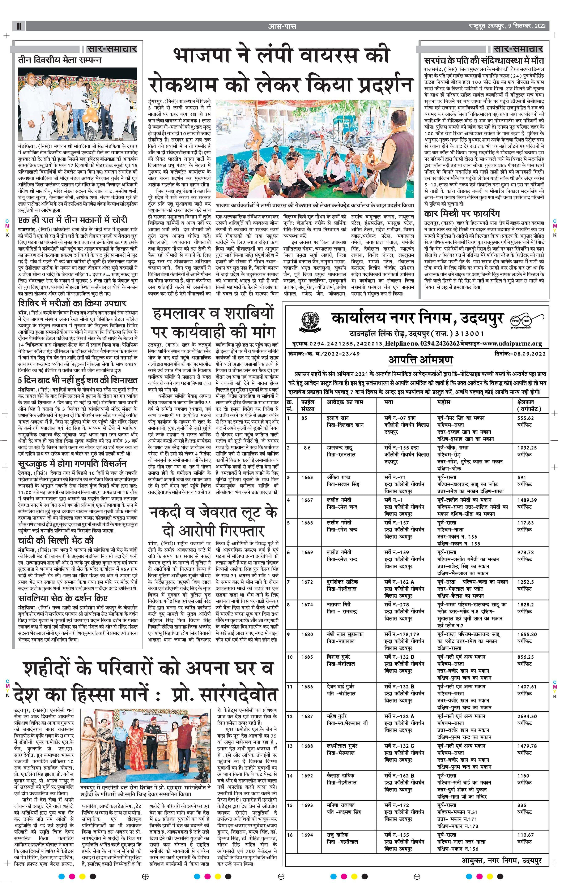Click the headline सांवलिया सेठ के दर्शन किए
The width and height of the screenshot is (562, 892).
point(63,598)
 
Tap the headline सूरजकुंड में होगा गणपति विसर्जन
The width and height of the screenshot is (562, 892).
point(72,464)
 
